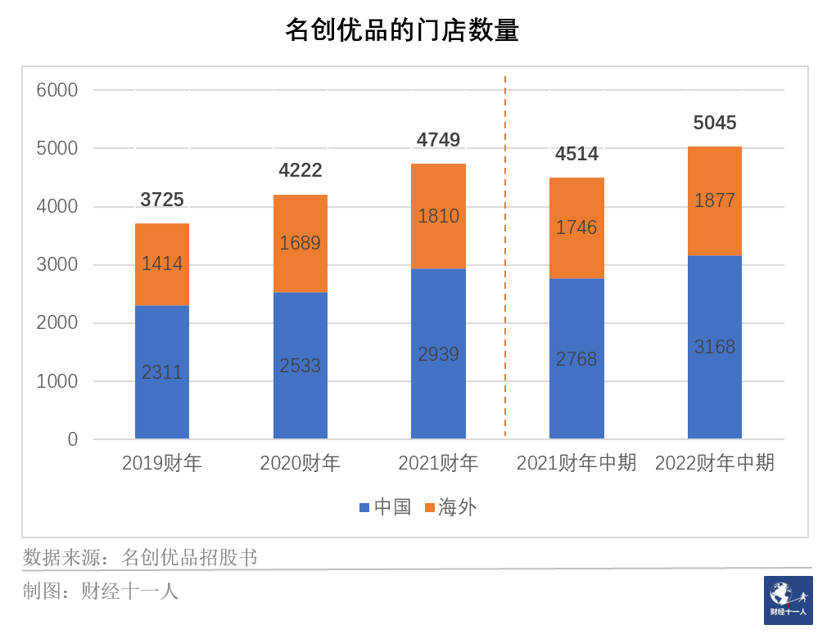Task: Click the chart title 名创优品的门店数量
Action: [x=401, y=31]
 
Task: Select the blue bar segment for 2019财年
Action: [x=162, y=372]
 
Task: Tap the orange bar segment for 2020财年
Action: [x=300, y=243]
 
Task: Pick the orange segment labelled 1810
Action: [x=438, y=216]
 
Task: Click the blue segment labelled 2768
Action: [x=576, y=358]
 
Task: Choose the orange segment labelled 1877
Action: [x=715, y=200]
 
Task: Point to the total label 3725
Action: [x=162, y=200]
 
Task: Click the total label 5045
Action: [x=715, y=123]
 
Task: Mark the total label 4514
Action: [x=576, y=154]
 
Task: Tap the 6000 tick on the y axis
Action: [x=57, y=90]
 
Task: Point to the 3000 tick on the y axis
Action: [x=57, y=265]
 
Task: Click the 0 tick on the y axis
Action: [x=73, y=439]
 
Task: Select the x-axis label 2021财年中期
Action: [x=576, y=463]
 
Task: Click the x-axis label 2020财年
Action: [x=300, y=463]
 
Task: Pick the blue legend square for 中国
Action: [x=364, y=508]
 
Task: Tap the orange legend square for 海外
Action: [x=429, y=508]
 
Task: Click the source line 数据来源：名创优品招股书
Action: [x=140, y=558]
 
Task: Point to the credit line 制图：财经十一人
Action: [x=101, y=591]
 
